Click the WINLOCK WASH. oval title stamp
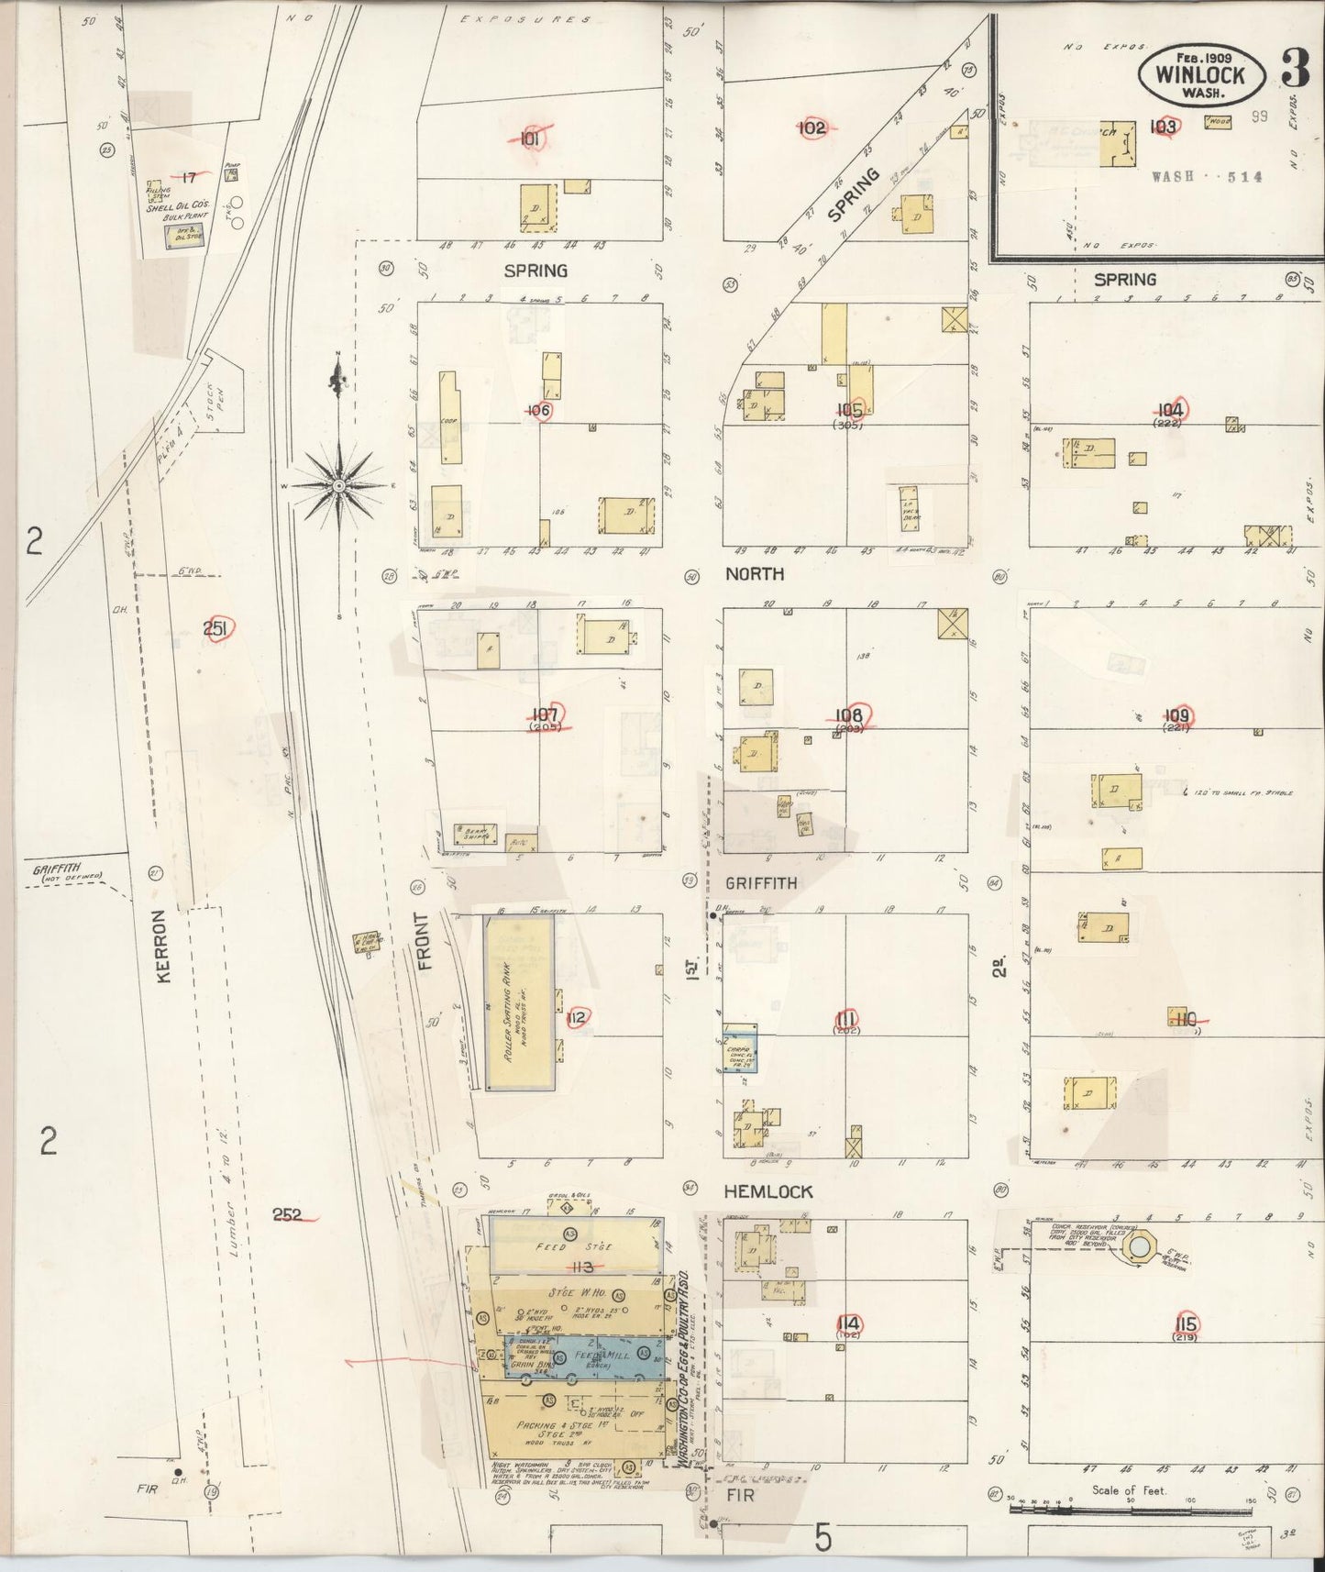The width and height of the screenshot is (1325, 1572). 1199,74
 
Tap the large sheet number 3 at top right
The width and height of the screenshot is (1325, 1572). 1294,70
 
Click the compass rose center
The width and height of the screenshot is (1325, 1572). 338,484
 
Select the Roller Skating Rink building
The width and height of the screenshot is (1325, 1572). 519,1002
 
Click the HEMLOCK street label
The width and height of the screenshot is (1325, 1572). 767,1190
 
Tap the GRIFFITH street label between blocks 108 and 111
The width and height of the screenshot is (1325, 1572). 761,883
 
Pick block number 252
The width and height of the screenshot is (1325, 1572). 288,1215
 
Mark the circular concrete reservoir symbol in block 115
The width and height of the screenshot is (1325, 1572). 1138,1247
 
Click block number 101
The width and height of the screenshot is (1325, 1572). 529,138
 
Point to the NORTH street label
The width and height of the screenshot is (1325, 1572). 755,574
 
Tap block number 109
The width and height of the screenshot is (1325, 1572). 1179,716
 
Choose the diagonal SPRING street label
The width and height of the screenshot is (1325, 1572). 853,194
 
